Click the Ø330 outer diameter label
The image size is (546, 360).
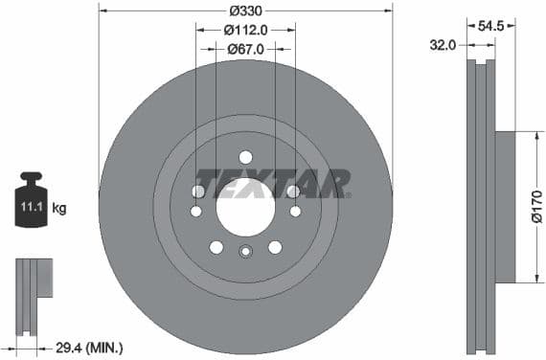[245, 11]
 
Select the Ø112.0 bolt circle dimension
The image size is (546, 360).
[245, 30]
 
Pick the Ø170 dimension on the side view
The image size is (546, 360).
[535, 207]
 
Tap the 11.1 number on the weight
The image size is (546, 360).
[30, 206]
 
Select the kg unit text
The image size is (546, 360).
[57, 207]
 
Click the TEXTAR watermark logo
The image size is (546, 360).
[272, 182]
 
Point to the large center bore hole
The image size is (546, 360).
[245, 204]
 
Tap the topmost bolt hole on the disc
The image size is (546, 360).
[245, 157]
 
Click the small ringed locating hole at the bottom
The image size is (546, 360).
[245, 252]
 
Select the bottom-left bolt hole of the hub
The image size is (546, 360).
[216, 247]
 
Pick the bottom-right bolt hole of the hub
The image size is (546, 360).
[275, 247]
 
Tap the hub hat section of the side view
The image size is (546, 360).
[505, 207]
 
